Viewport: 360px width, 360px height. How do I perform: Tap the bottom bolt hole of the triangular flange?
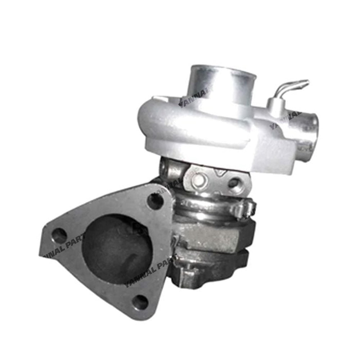pyautogui.click(x=140, y=302)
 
